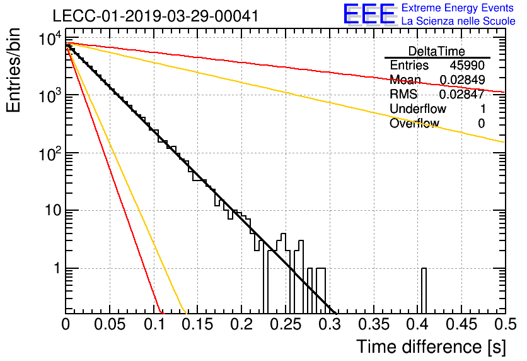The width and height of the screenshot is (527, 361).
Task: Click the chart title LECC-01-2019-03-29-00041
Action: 156,16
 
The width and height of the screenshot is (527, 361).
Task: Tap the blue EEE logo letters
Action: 370,14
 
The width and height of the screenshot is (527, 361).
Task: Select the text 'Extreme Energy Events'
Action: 458,8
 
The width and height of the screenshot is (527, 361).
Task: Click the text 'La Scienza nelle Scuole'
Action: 458,21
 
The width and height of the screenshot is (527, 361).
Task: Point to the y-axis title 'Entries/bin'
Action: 13,70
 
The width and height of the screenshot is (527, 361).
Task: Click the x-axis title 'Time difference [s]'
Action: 431,346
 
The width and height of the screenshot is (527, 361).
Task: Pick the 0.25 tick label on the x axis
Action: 287,324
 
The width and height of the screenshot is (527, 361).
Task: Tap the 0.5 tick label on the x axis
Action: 506,324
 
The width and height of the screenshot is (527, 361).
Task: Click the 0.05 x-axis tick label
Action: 110,324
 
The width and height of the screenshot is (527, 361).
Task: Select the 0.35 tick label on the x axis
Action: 374,324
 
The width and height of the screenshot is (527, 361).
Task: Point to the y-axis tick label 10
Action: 53,211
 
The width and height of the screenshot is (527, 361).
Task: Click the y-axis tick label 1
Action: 57,268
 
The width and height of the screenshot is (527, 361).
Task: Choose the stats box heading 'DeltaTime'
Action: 437,51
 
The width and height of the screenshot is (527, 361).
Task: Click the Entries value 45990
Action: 467,65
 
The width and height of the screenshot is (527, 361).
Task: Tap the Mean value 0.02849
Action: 462,80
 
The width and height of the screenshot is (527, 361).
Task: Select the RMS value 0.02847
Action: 462,94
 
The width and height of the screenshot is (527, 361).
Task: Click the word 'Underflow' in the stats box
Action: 418,109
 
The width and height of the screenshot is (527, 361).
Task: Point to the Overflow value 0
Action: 481,124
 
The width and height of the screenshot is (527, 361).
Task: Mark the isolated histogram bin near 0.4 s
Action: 424,291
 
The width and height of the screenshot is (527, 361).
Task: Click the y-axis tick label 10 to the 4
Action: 50,38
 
